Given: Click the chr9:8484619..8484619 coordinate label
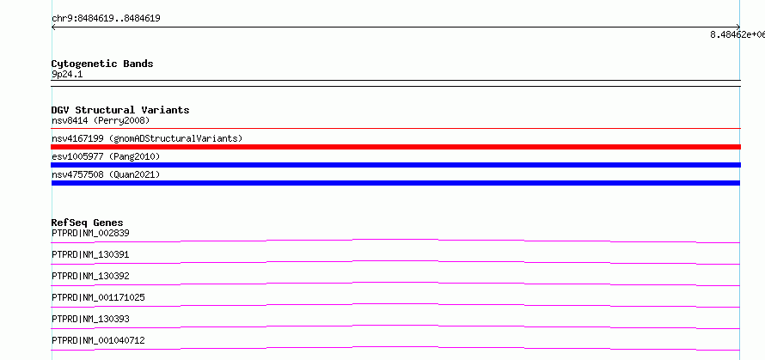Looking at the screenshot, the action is [x=106, y=19].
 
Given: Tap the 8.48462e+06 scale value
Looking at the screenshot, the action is [x=737, y=34].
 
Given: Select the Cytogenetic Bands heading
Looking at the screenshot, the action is [x=102, y=64].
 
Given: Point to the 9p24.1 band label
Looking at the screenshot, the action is [x=67, y=74].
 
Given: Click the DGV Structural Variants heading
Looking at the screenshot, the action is [x=120, y=110].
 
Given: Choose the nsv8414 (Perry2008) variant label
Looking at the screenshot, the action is [x=101, y=120].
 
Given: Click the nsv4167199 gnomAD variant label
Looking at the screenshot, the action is [x=147, y=138].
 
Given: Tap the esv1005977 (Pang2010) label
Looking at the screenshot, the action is [x=106, y=156].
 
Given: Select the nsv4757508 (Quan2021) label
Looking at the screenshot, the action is [x=106, y=174].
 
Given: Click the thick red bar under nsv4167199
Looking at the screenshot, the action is [x=395, y=147].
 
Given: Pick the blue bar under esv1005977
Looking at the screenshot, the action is [x=395, y=165].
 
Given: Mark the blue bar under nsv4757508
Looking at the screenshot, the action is [x=395, y=183].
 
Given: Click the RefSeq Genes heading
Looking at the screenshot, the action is [x=88, y=223].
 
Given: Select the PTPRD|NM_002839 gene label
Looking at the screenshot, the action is [x=90, y=233].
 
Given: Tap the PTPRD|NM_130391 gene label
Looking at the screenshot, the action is [x=90, y=254].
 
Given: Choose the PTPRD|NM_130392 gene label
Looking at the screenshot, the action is [x=90, y=276].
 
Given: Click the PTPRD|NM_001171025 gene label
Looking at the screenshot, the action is [x=98, y=297].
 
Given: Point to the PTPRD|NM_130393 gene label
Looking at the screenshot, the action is [x=90, y=319].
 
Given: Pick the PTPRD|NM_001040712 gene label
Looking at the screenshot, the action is [x=98, y=340].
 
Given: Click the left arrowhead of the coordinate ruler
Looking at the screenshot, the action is [x=52, y=27].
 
